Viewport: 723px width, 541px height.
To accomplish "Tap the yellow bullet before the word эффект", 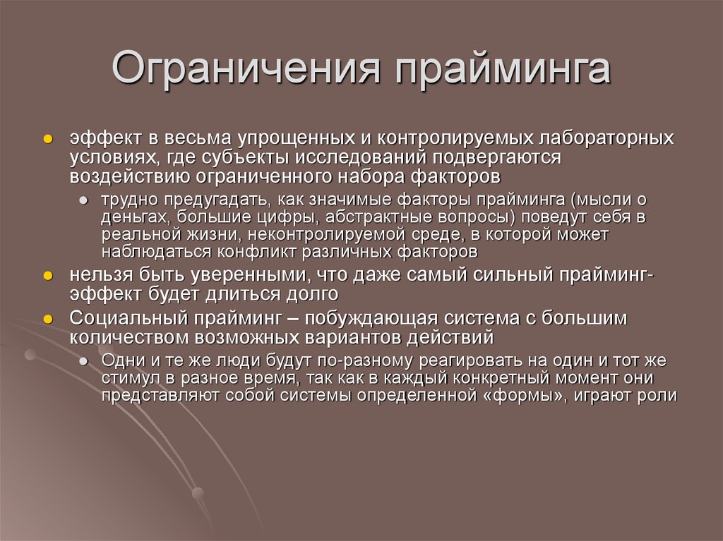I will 48,139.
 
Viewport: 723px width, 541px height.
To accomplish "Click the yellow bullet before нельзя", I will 48,274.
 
